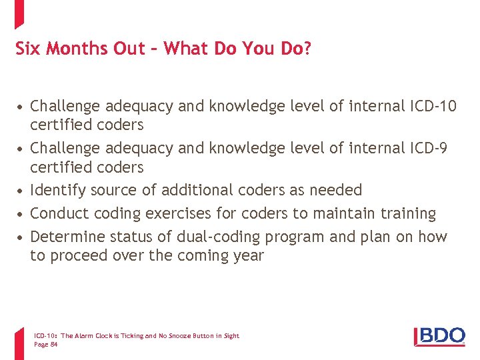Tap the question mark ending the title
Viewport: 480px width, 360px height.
point(307,49)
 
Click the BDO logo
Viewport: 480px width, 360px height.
point(439,336)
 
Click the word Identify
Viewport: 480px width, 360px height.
point(58,190)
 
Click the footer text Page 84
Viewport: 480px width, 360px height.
point(45,344)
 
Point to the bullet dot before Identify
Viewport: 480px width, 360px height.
point(22,191)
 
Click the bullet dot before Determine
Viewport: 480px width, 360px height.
point(22,237)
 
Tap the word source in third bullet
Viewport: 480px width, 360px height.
point(114,190)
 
